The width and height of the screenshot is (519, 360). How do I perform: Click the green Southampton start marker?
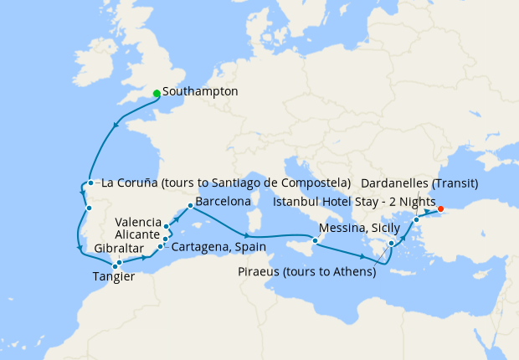(x=157, y=93)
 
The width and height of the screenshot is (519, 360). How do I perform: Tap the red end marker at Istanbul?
(x=441, y=208)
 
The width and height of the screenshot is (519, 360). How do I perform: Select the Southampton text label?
(x=201, y=90)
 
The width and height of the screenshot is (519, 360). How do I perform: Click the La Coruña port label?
(x=224, y=182)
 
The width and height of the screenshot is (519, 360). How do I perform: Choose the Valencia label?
(x=138, y=222)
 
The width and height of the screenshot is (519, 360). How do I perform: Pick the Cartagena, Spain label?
(x=218, y=247)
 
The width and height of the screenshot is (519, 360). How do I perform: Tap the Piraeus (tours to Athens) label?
(x=306, y=271)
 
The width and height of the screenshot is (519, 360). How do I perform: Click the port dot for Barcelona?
(x=191, y=206)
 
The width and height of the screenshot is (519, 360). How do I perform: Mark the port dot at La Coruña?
(x=90, y=183)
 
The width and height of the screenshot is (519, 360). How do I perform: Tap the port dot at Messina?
(x=315, y=242)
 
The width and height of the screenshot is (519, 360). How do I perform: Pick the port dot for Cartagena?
(x=161, y=246)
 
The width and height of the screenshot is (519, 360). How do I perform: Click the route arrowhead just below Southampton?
(x=115, y=126)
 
